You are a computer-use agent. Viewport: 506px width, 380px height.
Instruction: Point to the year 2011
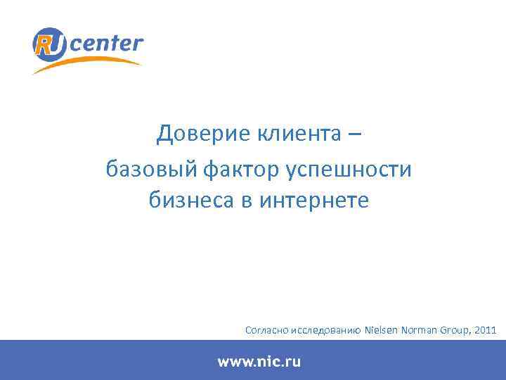486,329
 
